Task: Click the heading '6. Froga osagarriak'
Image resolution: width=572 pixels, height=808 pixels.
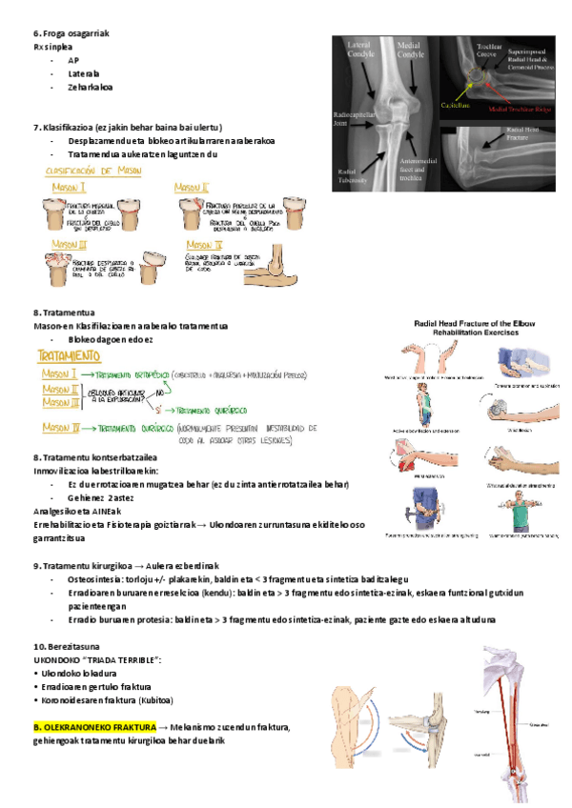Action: click(71, 32)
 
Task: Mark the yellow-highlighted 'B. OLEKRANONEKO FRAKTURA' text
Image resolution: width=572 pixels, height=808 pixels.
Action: click(94, 726)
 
